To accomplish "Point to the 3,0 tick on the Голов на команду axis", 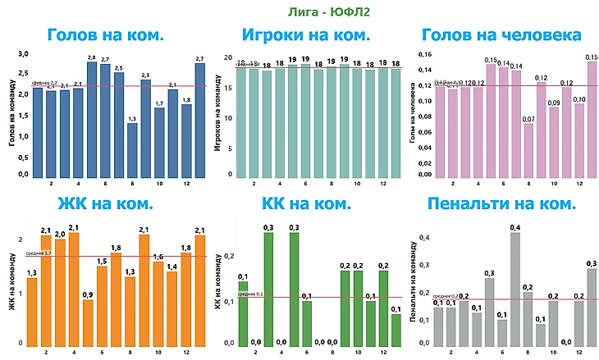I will click(x=24, y=53).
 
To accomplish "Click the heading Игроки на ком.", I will click(x=305, y=35).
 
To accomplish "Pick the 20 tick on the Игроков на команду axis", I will click(x=229, y=57).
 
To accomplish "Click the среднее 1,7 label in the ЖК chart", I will click(x=39, y=253).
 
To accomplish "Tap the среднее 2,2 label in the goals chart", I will click(x=45, y=83).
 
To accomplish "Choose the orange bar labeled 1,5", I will click(x=102, y=308).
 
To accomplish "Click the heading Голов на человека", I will click(x=501, y=35).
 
